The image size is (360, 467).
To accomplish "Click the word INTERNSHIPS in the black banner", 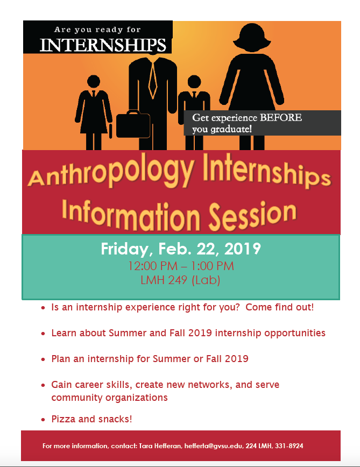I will (x=103, y=44).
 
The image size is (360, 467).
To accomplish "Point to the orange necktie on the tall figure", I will (x=153, y=78).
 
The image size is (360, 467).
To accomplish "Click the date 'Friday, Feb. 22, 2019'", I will (x=181, y=249).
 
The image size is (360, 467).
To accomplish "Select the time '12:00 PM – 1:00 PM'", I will (x=181, y=266).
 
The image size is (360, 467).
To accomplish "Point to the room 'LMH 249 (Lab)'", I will (x=181, y=280).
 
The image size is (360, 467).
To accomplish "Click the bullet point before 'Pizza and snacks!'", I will (x=43, y=420).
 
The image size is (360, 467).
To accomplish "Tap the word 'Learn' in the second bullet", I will (x=64, y=333).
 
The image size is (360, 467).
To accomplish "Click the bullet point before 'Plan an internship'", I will (x=43, y=359).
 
